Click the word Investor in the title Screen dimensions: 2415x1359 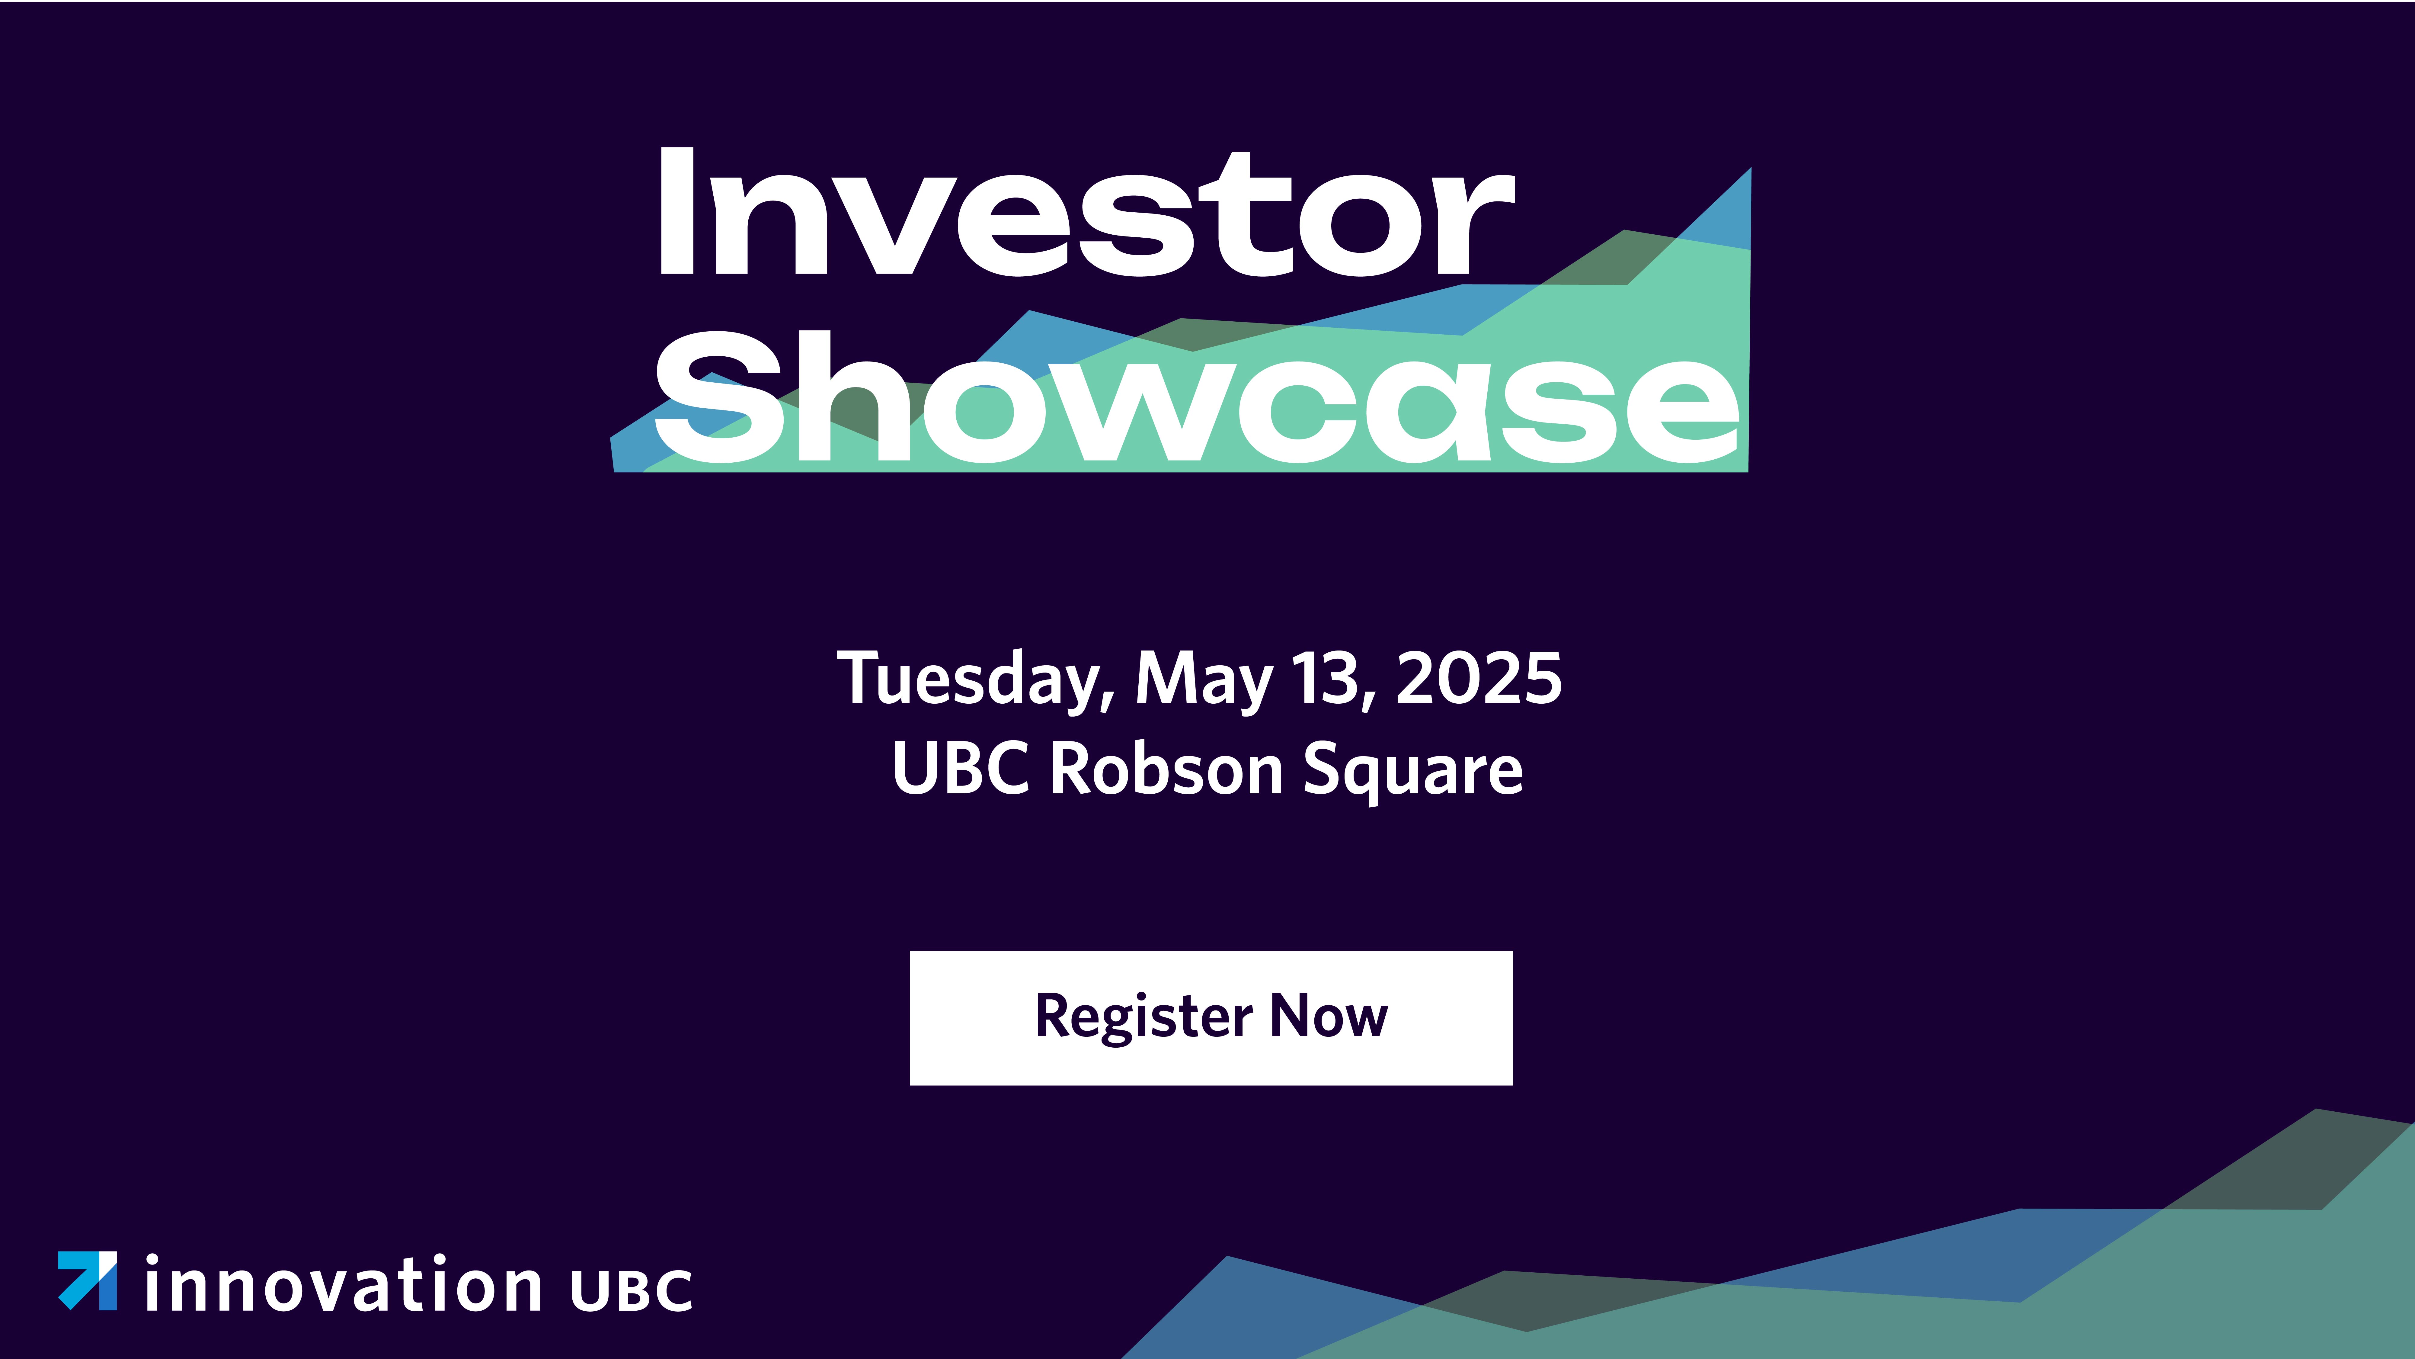[1087, 212]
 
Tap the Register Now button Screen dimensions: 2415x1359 [1211, 1018]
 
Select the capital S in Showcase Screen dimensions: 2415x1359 [719, 397]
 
